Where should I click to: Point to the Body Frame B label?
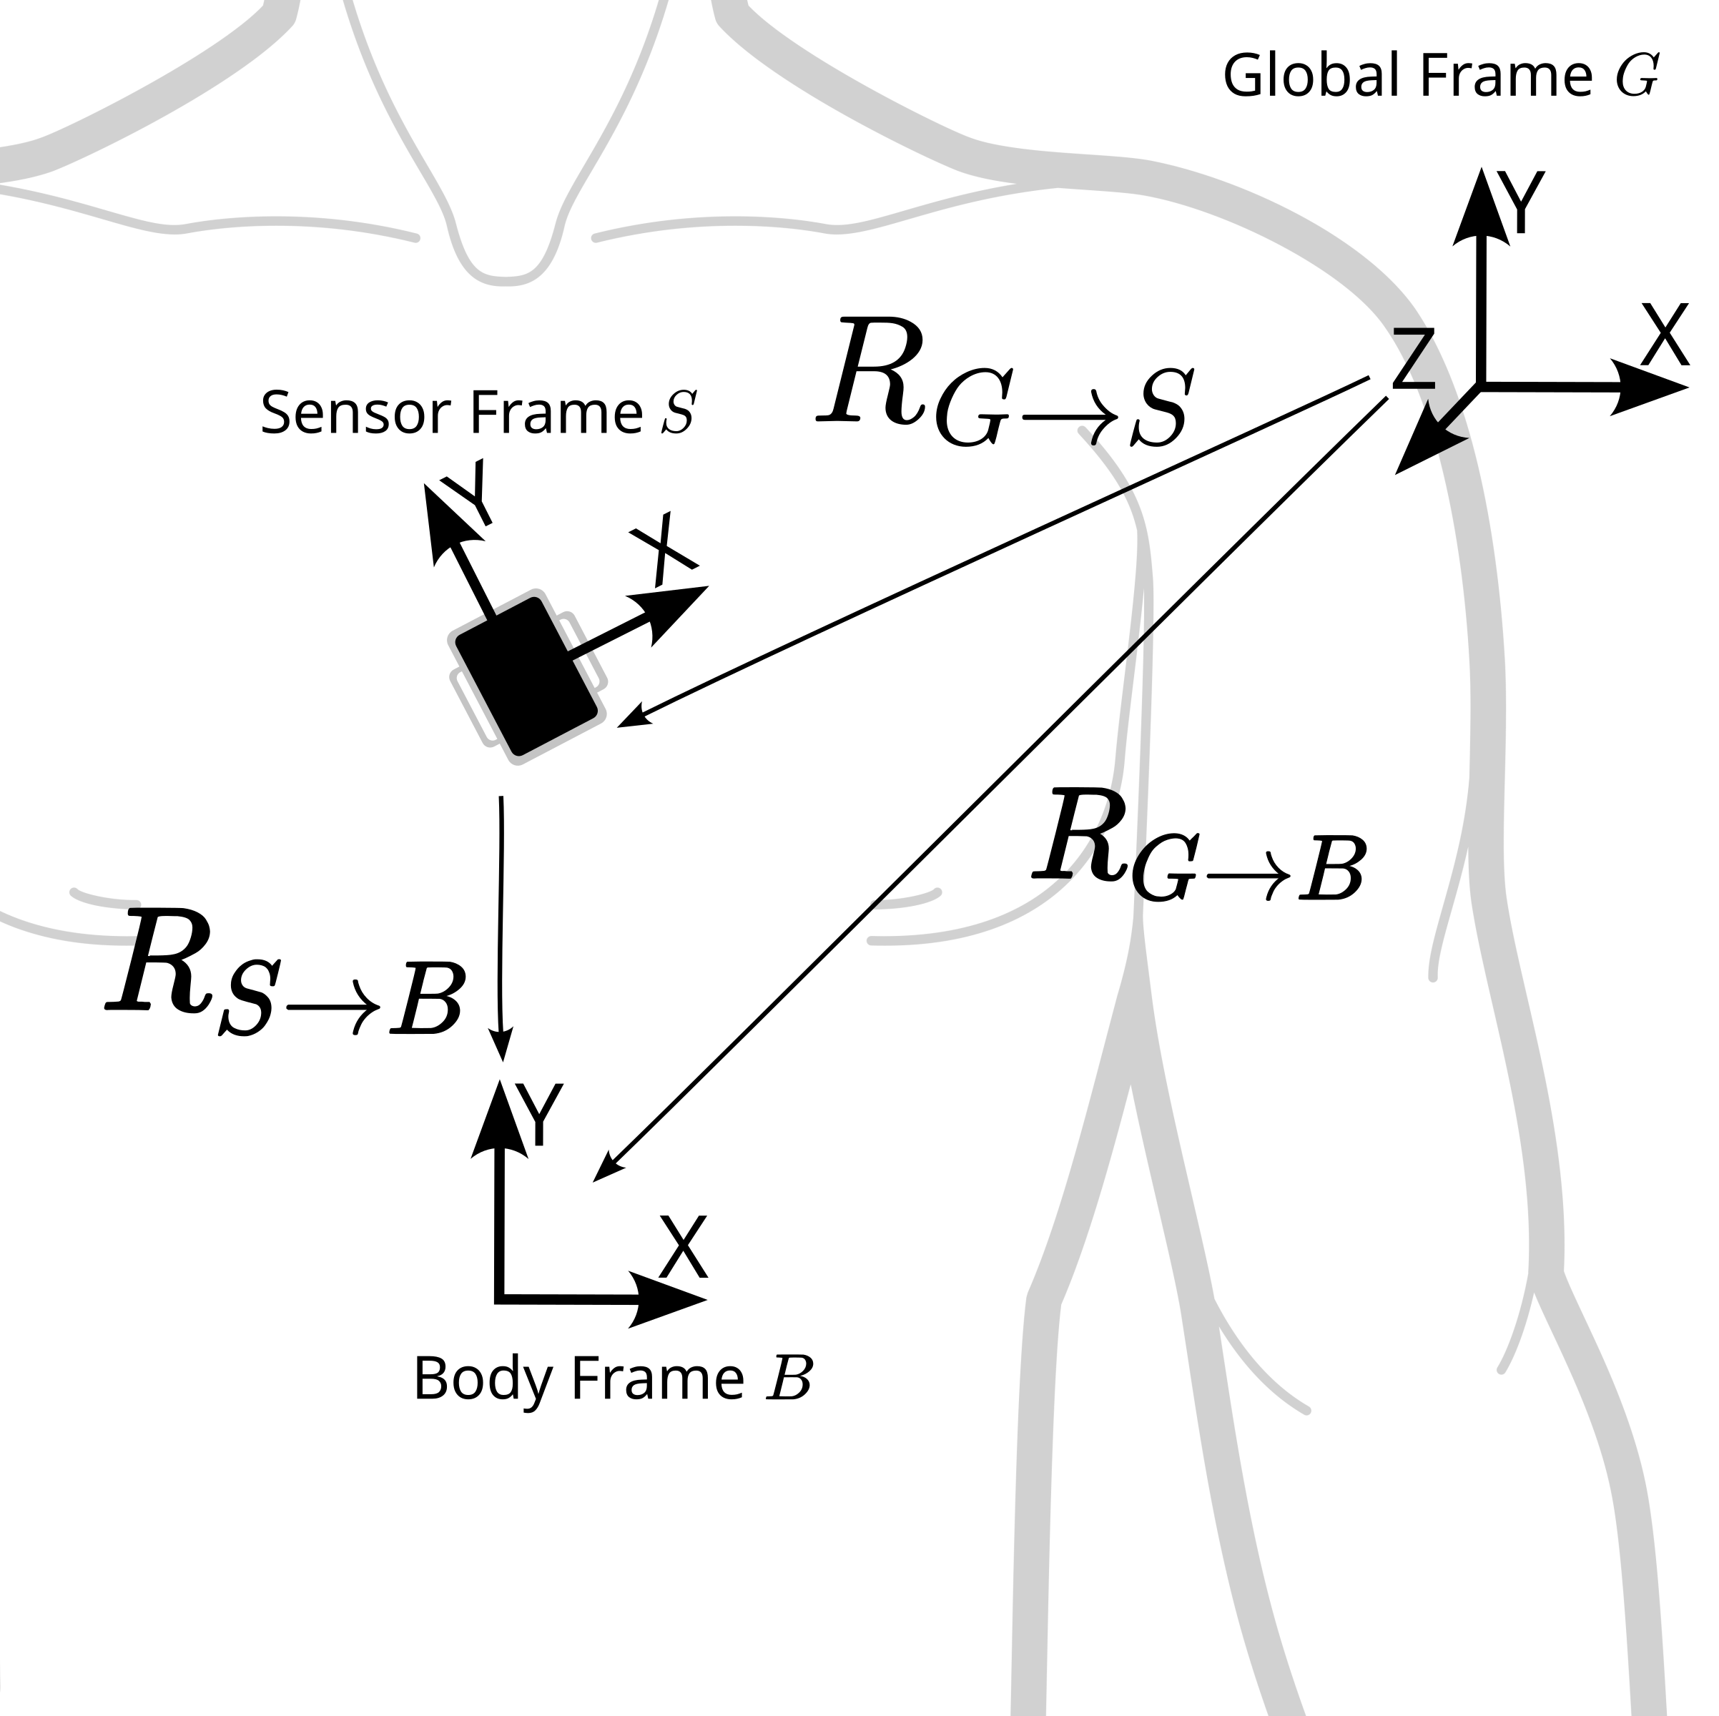point(613,1380)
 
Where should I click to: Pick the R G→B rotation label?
point(1198,849)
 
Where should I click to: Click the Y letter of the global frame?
point(1523,204)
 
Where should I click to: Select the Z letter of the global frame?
point(1413,358)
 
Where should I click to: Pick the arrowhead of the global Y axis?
point(1482,204)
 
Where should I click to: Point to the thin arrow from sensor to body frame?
point(502,925)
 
